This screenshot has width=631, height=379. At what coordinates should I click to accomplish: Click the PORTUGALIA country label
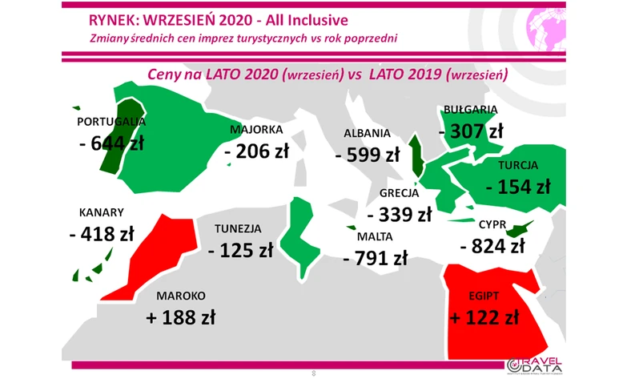click(x=111, y=122)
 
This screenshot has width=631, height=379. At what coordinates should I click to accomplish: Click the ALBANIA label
click(x=367, y=134)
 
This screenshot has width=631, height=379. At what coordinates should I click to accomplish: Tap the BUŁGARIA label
click(x=470, y=109)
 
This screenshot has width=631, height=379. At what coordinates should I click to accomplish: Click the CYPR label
click(x=492, y=224)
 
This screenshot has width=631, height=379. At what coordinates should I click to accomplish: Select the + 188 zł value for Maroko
click(x=183, y=317)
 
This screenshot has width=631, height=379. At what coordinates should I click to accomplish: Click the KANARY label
click(x=101, y=213)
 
